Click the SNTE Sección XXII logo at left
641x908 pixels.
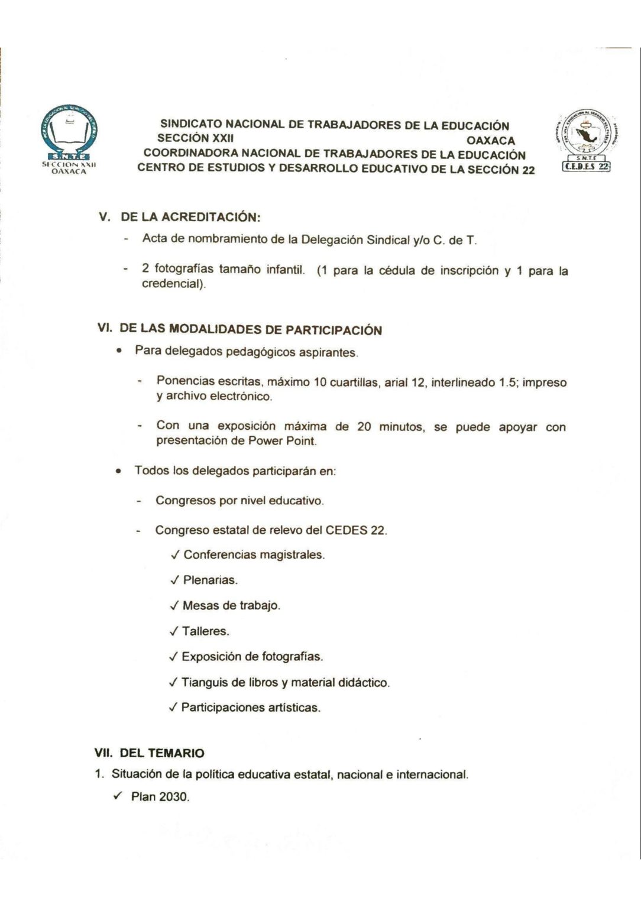[68, 140]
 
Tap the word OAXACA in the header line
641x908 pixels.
[490, 141]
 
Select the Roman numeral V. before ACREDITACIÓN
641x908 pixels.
[105, 217]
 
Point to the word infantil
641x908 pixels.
[286, 271]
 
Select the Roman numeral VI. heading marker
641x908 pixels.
[105, 329]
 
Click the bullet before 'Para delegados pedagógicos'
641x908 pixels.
[119, 351]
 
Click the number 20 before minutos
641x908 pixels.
[364, 427]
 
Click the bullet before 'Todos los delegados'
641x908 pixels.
[119, 472]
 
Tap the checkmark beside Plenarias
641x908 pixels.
[174, 581]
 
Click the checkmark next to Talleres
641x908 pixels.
[173, 631]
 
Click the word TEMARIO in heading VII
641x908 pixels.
[177, 753]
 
